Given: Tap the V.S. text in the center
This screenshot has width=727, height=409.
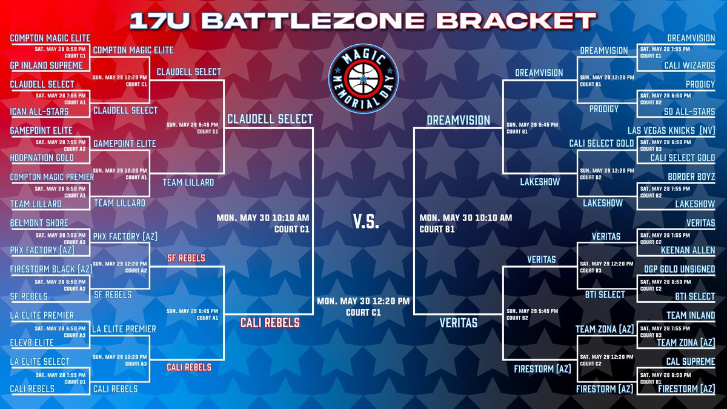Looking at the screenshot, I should coord(365,222).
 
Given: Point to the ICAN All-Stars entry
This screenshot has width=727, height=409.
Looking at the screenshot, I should coord(39,111).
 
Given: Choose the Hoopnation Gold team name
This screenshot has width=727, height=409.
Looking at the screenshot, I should coord(42,158).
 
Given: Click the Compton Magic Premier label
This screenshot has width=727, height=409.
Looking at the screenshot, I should coord(51,177).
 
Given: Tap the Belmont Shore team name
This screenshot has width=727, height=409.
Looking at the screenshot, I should coord(39,223).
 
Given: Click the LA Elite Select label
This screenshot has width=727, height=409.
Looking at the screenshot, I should coord(39,362).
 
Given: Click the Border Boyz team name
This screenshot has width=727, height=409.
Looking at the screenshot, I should coord(691,177).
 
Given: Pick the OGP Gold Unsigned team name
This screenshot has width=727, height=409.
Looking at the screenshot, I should coord(680,269).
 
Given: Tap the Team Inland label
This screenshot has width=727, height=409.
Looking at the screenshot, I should coord(691,315).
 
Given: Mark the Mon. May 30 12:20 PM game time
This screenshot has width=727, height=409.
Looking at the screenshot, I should coord(362,300).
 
